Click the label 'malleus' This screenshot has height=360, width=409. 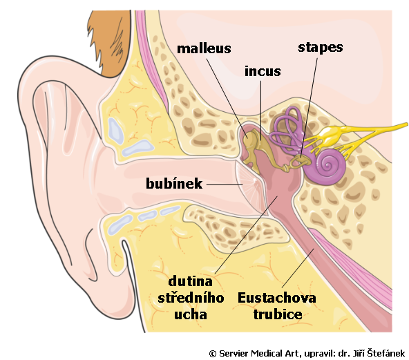pyautogui.click(x=204, y=49)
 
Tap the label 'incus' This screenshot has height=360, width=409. pyautogui.click(x=263, y=71)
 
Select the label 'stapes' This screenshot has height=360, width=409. pyautogui.click(x=321, y=48)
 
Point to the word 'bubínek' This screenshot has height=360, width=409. pyautogui.click(x=174, y=183)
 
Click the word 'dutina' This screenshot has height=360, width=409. pyautogui.click(x=191, y=281)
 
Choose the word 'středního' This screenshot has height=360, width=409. pyautogui.click(x=191, y=298)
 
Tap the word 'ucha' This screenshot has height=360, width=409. pyautogui.click(x=191, y=314)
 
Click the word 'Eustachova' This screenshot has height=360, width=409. pyautogui.click(x=277, y=298)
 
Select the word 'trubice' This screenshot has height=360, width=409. pyautogui.click(x=278, y=314)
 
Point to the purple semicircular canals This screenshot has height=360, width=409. pyautogui.click(x=287, y=131)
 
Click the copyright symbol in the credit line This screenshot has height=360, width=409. pyautogui.click(x=213, y=354)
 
